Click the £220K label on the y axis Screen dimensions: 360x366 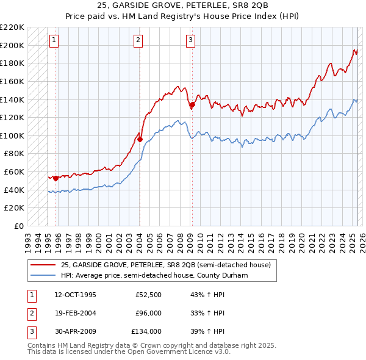[x=12, y=27]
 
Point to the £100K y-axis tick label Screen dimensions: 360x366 [x=12, y=135]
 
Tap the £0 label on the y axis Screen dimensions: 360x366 [x=18, y=226]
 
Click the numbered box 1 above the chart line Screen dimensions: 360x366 [x=54, y=41]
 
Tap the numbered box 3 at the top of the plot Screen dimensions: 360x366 [x=191, y=41]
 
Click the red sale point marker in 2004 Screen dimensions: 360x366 [x=140, y=139]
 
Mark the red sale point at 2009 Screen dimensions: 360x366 [x=192, y=105]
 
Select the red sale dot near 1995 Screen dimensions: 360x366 [x=56, y=178]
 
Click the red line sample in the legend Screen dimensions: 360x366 [x=44, y=264]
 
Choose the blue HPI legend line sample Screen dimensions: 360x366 [x=44, y=275]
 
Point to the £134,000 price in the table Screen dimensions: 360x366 [x=146, y=331]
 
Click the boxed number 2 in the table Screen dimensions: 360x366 [x=30, y=313]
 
